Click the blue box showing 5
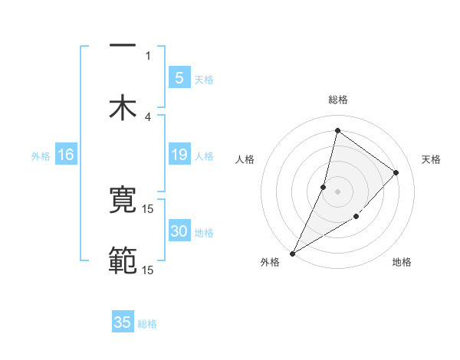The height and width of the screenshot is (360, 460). click(x=179, y=77)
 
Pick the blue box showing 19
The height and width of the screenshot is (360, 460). click(x=179, y=155)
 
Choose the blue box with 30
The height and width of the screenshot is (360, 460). click(x=179, y=231)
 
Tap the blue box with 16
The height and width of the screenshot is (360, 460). click(x=66, y=155)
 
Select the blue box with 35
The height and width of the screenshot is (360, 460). click(x=123, y=322)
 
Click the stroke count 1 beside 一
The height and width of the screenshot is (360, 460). click(x=148, y=55)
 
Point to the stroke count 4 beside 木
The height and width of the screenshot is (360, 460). click(x=148, y=116)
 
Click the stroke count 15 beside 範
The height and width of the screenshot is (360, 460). click(x=148, y=270)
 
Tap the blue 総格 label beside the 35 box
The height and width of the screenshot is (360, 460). click(x=147, y=324)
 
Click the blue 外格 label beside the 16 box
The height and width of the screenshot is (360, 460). click(x=41, y=156)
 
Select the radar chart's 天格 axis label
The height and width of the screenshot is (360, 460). click(x=432, y=159)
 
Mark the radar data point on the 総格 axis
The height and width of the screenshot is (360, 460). click(x=337, y=130)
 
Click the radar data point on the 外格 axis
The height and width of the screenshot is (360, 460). click(x=292, y=254)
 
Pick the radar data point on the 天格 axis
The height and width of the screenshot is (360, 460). click(x=396, y=172)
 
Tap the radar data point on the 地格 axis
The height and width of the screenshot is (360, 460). click(x=356, y=218)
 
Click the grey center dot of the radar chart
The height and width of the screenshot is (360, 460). click(x=337, y=191)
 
